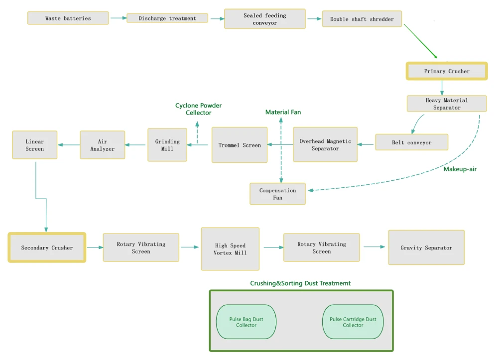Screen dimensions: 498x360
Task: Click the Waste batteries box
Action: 68,18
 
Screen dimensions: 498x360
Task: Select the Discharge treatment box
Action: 167,18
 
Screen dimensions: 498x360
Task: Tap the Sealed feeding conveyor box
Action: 265,19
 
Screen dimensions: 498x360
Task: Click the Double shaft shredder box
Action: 362,19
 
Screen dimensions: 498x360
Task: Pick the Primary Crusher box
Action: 447,71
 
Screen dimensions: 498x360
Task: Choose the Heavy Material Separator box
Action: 447,104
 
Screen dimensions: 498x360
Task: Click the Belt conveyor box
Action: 412,142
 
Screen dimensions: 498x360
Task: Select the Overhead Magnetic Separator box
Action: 325,145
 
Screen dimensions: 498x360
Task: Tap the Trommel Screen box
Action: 240,145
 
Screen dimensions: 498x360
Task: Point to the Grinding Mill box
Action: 167,145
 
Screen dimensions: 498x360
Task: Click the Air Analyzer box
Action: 102,145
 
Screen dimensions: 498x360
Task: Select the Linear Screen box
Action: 35,145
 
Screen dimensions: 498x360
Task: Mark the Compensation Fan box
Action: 277,194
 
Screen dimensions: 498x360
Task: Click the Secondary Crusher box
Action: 47,247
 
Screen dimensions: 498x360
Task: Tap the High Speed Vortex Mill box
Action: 230,249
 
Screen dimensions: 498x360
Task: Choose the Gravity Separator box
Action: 426,247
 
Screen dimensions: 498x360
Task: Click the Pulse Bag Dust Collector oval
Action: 246,322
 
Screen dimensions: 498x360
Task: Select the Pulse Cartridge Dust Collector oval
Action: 353,322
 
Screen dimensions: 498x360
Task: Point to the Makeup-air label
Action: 460,169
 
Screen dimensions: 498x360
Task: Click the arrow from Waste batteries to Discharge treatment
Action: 118,18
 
